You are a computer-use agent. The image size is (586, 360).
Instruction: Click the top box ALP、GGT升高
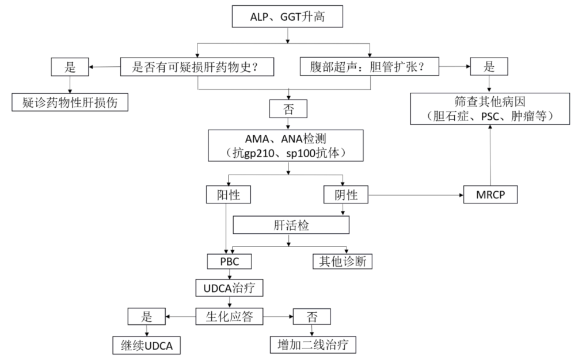(287, 17)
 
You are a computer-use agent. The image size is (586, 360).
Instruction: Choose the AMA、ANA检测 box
(286, 146)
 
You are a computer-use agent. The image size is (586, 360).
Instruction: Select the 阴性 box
(345, 195)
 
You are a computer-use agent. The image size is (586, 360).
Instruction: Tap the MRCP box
(490, 195)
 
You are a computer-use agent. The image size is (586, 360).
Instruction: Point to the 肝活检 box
(290, 225)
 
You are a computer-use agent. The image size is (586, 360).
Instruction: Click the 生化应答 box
(230, 316)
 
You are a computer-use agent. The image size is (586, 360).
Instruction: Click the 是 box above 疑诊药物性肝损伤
(70, 67)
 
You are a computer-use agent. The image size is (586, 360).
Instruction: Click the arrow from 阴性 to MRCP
(414, 195)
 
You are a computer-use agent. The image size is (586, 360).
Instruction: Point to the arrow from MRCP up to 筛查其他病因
(490, 156)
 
